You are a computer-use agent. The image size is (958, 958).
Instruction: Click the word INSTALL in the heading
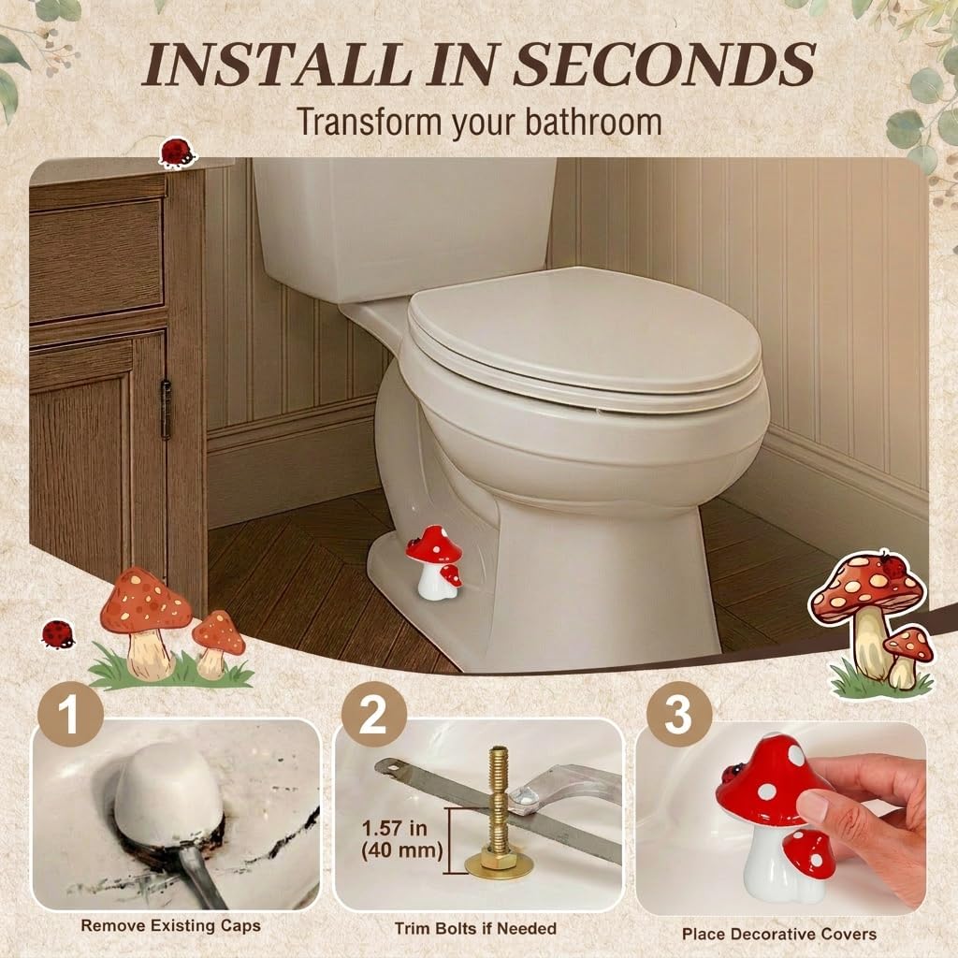(x=274, y=64)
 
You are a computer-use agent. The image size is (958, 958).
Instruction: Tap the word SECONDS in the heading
(x=664, y=64)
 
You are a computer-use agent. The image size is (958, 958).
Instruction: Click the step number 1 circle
(x=70, y=714)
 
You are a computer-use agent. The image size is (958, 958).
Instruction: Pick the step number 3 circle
(x=679, y=714)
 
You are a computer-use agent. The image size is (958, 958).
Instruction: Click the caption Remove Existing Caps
(x=171, y=925)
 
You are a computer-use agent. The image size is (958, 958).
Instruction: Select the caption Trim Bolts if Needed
(x=475, y=929)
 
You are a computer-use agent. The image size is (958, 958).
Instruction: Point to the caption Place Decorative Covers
(x=779, y=934)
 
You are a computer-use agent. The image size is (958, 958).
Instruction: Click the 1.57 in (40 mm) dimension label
(x=402, y=839)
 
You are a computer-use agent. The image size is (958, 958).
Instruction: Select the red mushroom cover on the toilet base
(x=434, y=561)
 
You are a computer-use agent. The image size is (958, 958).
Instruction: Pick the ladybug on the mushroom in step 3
(x=731, y=773)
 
